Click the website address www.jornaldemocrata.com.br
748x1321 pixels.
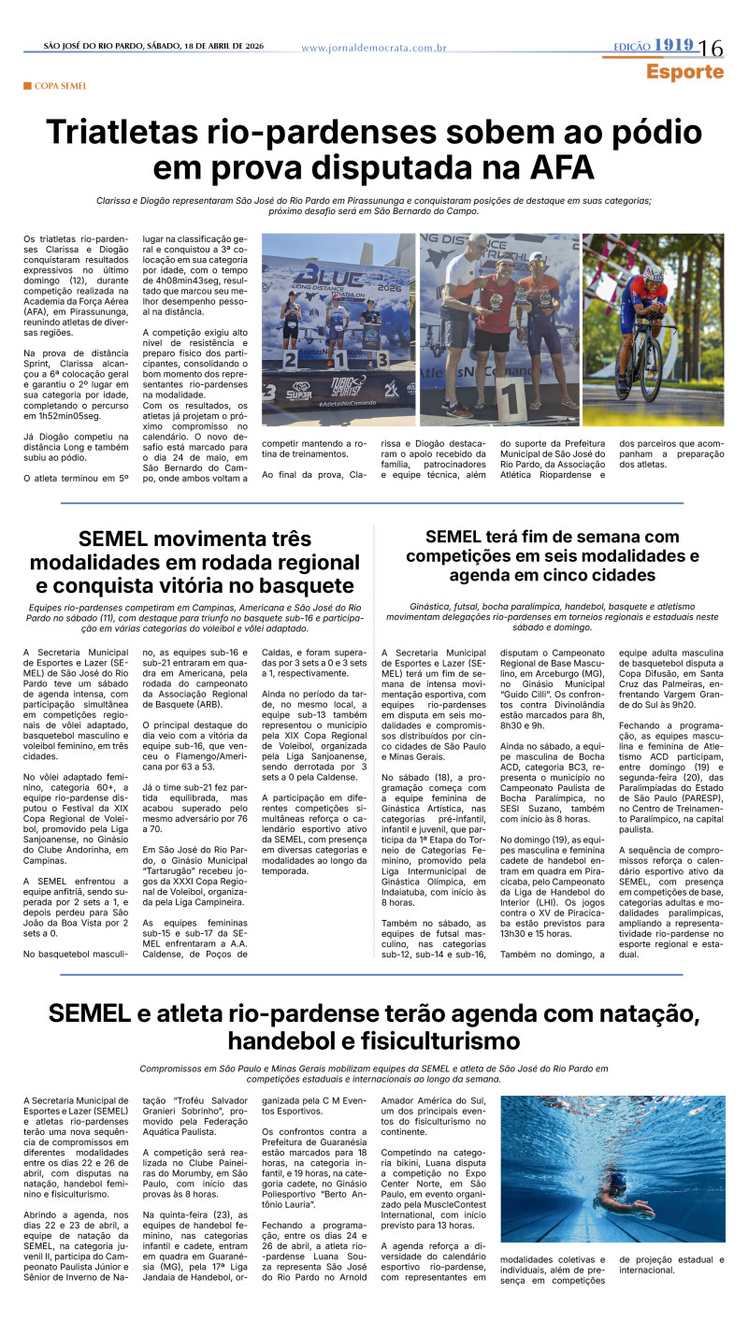pos(373,48)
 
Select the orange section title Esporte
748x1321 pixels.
pos(684,71)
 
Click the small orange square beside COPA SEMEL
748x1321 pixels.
pos(28,86)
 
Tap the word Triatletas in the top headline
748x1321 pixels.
pos(137,133)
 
